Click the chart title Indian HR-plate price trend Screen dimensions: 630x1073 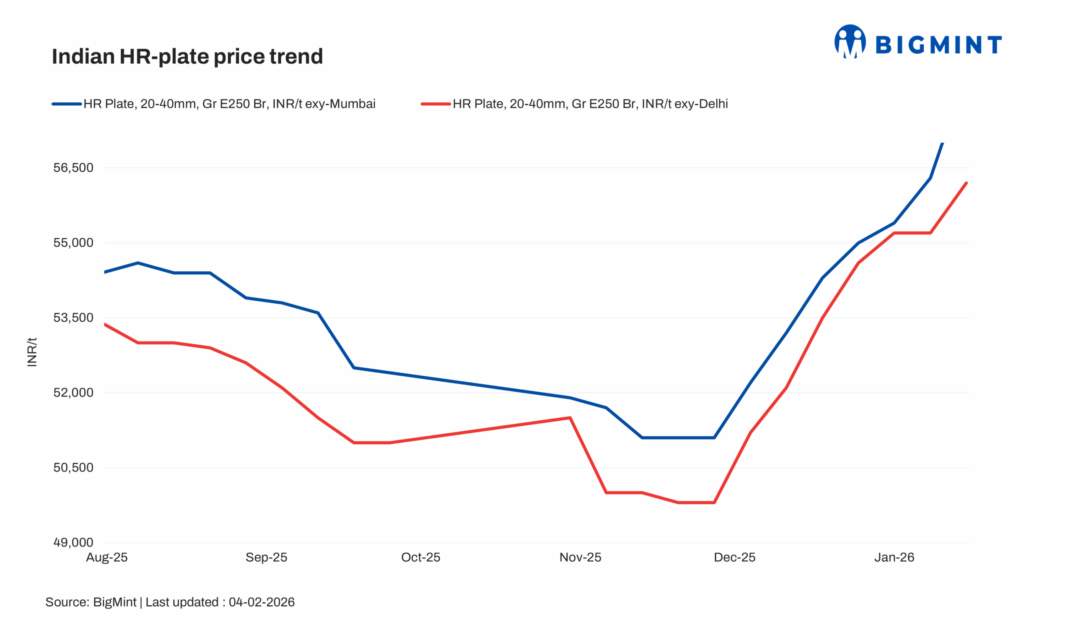187,57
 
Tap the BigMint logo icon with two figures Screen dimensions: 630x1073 850,42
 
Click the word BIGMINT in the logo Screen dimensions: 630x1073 938,45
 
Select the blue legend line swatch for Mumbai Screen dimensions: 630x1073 67,104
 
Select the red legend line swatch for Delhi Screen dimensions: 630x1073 435,104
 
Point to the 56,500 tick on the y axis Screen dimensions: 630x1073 73,168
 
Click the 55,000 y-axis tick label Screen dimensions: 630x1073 73,243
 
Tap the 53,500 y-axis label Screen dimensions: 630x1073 73,318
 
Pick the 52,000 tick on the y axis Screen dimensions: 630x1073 73,393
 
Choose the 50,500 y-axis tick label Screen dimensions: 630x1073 73,468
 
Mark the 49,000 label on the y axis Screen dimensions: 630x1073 73,543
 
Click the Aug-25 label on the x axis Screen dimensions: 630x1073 107,557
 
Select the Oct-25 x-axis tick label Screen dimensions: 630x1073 421,557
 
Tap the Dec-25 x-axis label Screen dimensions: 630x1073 734,557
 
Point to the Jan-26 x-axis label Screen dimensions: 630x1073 894,557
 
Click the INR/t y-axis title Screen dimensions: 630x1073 32,352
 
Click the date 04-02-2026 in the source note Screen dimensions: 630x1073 262,602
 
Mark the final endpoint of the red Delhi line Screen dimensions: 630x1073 967,183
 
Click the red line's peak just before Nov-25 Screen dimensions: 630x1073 570,418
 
